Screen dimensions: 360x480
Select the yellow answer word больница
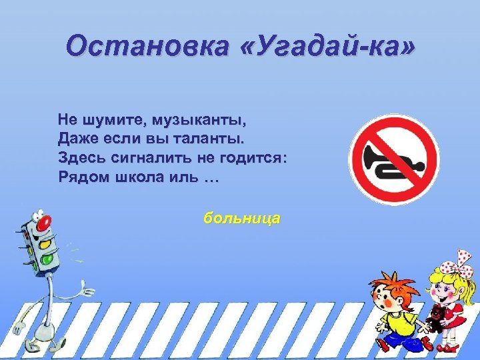pyautogui.click(x=243, y=218)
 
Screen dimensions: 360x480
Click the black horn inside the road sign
pyautogui.click(x=391, y=159)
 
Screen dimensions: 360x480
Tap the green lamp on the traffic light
pyautogui.click(x=47, y=258)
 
